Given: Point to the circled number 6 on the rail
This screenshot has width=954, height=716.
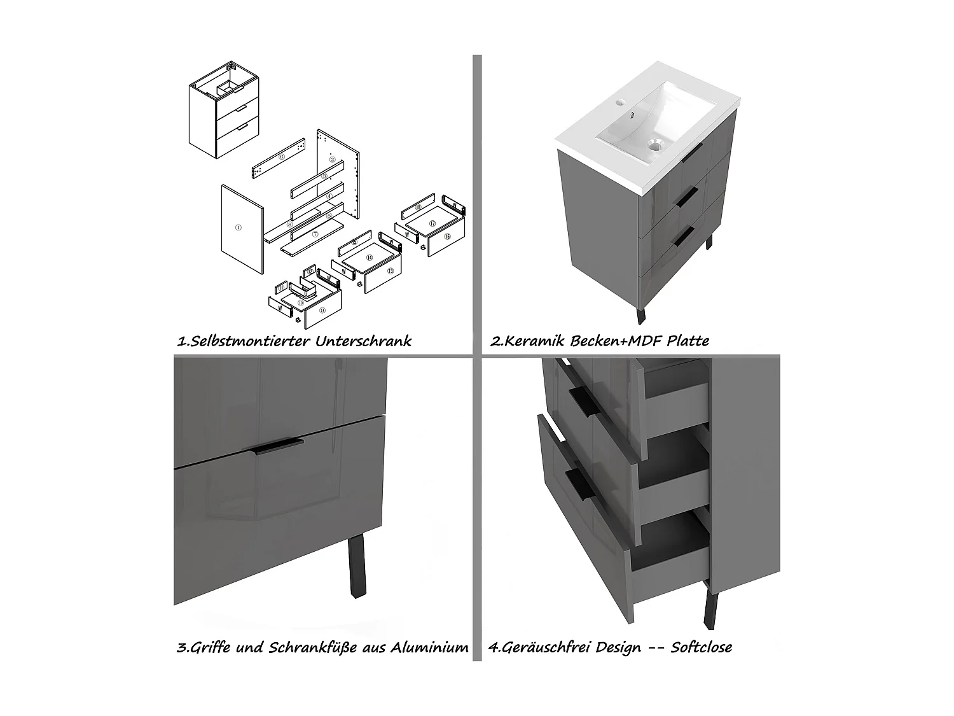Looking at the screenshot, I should click(282, 157).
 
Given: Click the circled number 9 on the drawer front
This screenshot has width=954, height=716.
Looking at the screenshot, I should click(322, 310).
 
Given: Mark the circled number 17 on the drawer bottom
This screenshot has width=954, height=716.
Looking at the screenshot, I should click(432, 223).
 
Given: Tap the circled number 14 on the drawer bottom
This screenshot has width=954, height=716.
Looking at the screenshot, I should click(368, 258).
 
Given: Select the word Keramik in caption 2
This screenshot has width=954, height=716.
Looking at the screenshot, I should click(536, 341).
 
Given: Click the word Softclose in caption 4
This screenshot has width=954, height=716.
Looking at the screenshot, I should click(702, 648).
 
